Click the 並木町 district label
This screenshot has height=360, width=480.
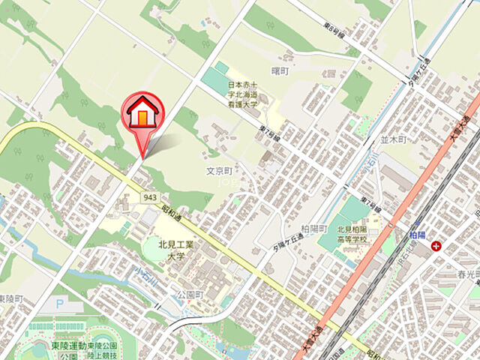392,139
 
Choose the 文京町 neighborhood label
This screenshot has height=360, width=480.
221,171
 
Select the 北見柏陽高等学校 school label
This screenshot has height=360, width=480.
352,234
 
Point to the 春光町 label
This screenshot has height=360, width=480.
466,274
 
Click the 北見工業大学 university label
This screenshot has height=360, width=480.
175,250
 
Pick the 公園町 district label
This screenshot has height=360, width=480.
190,295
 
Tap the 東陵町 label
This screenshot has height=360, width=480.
11,299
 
